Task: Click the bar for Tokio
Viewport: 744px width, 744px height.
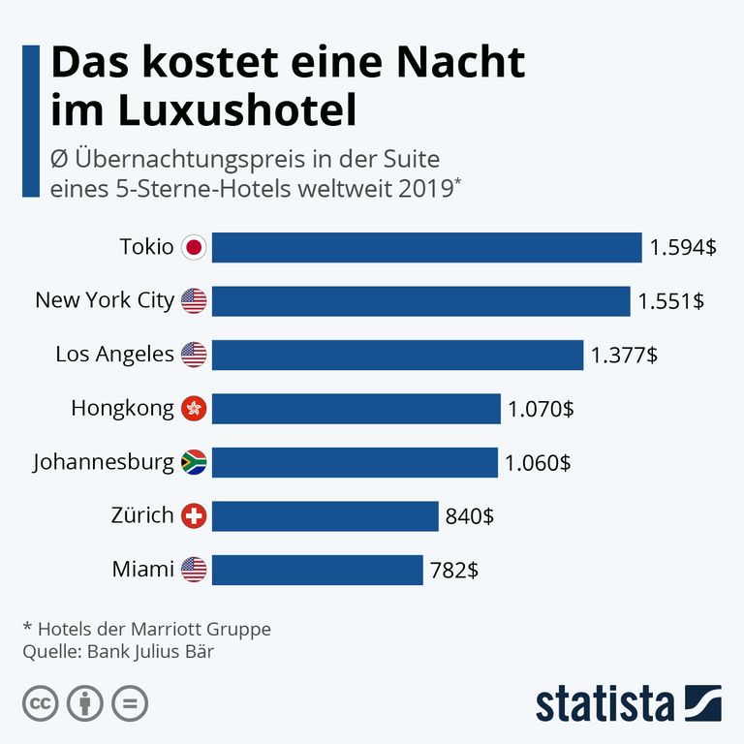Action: [426, 248]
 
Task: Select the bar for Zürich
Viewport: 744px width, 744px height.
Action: [325, 515]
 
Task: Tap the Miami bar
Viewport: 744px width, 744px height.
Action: [317, 570]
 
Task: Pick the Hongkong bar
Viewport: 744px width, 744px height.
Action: [356, 409]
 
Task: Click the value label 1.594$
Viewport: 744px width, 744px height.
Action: [683, 248]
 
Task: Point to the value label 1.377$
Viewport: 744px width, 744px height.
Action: [624, 356]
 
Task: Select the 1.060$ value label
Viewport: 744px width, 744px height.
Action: [537, 463]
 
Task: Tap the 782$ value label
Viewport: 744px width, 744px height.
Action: [454, 570]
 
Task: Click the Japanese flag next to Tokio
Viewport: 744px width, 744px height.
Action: [194, 248]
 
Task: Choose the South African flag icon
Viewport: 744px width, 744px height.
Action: [194, 462]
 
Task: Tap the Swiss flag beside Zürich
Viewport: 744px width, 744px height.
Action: [194, 515]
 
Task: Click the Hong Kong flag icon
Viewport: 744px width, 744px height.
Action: [194, 409]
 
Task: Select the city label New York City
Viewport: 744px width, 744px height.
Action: [104, 301]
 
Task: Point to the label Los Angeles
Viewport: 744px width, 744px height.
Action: [114, 355]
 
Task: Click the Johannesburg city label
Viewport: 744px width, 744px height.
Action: [104, 462]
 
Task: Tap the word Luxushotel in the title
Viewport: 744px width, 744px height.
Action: [237, 110]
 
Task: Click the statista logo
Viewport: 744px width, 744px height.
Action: [628, 703]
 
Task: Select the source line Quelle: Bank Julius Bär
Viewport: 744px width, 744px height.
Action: [117, 651]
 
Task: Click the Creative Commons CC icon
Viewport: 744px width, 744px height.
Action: [41, 702]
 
